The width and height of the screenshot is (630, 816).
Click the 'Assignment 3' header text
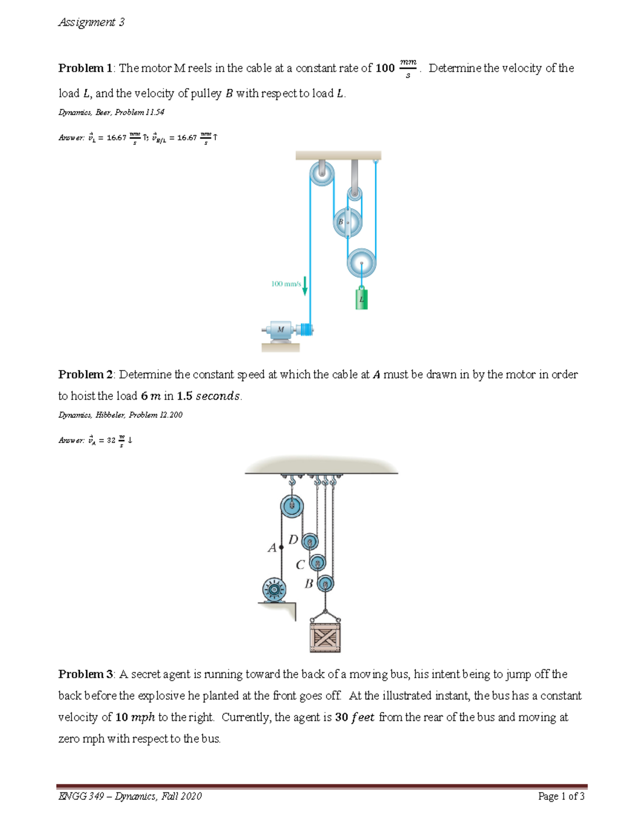tap(91, 22)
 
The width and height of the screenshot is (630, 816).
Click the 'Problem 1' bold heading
tap(85, 68)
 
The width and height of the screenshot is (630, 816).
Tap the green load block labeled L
tap(361, 299)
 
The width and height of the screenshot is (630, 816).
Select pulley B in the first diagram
tap(347, 222)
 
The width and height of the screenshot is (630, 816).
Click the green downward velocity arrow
tap(304, 285)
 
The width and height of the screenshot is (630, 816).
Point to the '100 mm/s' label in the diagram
tap(286, 284)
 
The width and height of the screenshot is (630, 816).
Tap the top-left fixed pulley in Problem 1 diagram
tap(321, 173)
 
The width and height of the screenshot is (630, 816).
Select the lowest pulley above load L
tap(361, 263)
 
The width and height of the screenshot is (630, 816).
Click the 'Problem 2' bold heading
tap(86, 375)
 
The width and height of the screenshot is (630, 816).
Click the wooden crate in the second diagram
tap(325, 637)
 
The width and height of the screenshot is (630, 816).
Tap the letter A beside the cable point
tap(271, 548)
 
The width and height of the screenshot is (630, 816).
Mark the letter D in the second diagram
tap(293, 540)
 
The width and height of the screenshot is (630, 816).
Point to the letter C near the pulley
tap(300, 565)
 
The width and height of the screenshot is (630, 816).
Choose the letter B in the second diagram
tap(309, 584)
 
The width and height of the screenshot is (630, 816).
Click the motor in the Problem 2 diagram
tap(274, 589)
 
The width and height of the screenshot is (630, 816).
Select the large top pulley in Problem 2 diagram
tap(291, 507)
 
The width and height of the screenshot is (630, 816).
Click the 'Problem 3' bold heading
tap(86, 674)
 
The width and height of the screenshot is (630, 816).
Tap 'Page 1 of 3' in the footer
tap(561, 796)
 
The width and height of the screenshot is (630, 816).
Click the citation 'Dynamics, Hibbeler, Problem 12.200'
tap(120, 415)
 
